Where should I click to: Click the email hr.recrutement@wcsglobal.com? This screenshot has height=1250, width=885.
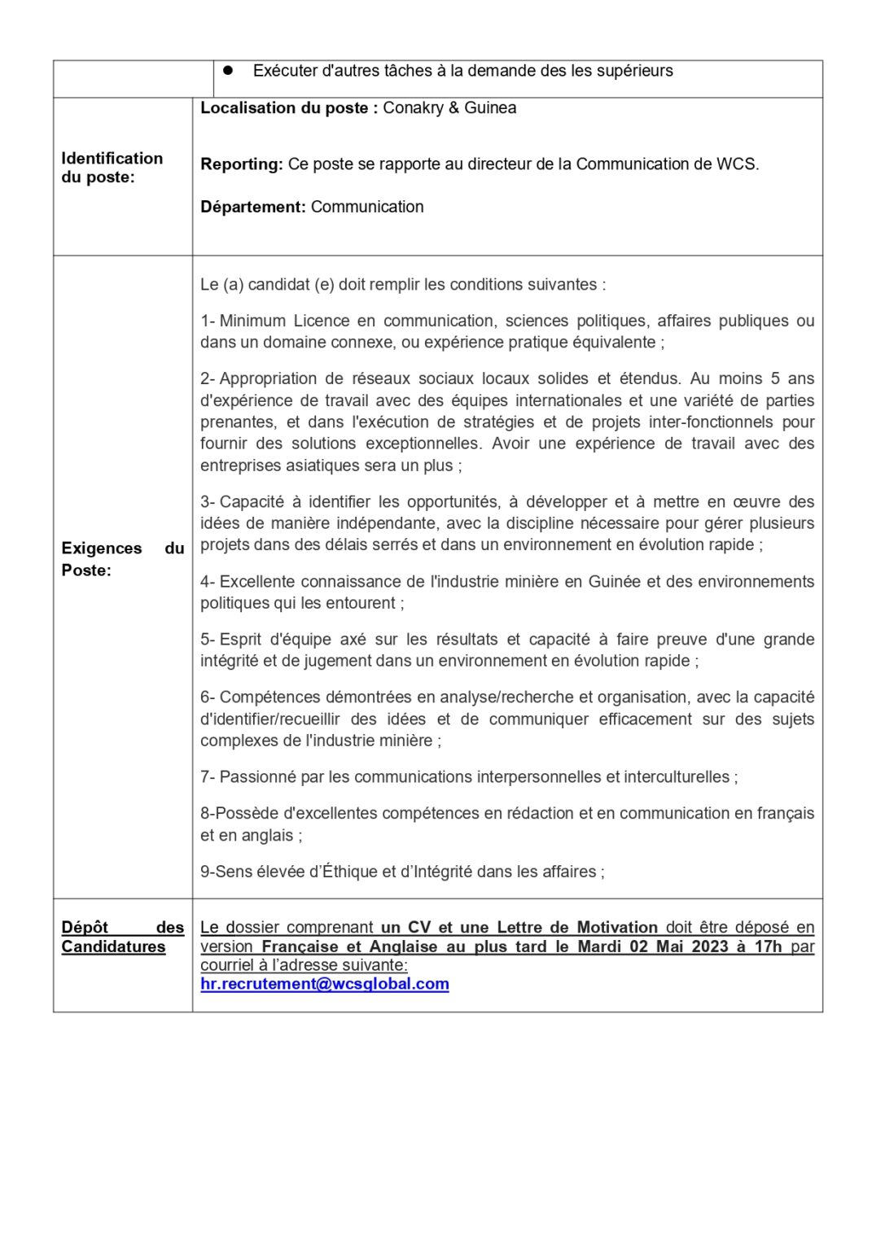324,984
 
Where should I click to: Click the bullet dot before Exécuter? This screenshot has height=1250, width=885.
228,71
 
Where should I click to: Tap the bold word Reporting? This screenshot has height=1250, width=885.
242,164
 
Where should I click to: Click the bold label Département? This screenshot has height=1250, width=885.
253,208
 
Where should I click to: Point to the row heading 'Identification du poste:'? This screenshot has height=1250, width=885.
112,168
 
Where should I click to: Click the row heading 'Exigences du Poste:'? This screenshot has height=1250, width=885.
122,559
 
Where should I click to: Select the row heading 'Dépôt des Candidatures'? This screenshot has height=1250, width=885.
122,937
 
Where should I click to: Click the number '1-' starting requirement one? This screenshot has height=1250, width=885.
208,321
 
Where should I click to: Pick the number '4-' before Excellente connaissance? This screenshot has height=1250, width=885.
208,582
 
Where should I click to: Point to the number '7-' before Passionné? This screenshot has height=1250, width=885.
208,777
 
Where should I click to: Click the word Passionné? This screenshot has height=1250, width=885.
257,777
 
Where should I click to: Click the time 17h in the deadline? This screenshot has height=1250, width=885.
768,946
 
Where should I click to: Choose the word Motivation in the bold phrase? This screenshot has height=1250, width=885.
617,928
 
